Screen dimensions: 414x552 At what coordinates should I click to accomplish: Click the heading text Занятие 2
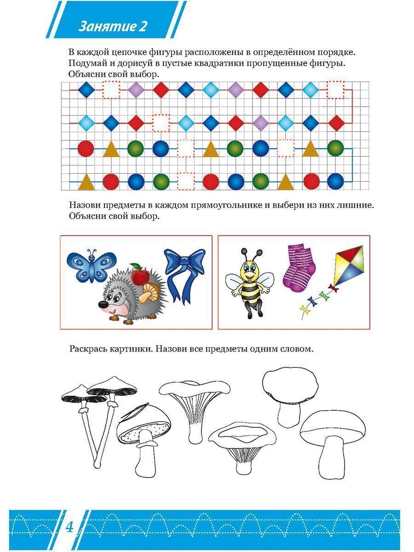[112, 26]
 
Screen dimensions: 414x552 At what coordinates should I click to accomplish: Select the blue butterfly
[92, 266]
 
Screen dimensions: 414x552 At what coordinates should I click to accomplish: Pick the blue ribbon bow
[185, 276]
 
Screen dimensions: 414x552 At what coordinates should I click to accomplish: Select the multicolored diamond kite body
[350, 265]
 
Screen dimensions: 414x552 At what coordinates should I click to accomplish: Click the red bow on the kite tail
[333, 288]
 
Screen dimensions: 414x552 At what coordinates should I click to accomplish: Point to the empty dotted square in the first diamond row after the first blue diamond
[111, 90]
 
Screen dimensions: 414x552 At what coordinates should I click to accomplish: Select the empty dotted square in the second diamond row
[161, 123]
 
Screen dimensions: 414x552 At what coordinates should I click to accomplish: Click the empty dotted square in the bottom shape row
[186, 181]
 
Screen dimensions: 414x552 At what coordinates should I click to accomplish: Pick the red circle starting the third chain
[86, 149]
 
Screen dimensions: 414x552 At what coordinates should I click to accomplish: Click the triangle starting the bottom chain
[86, 182]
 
